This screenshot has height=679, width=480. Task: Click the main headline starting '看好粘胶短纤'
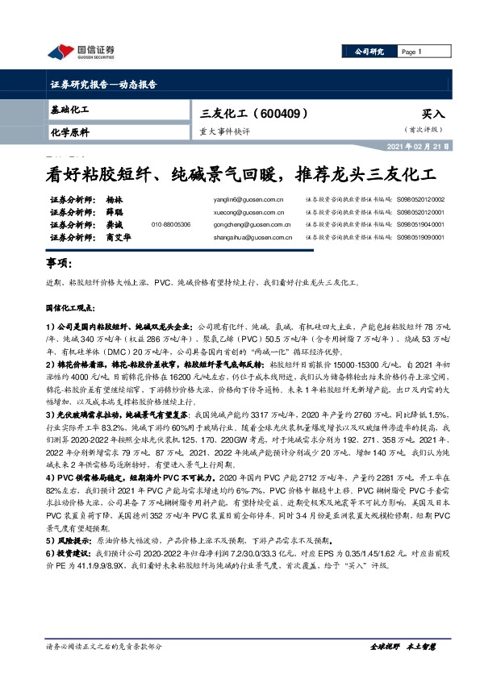pos(239,174)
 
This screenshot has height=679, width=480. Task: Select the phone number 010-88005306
pos(171,225)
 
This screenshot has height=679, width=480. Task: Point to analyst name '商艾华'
pos(118,238)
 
